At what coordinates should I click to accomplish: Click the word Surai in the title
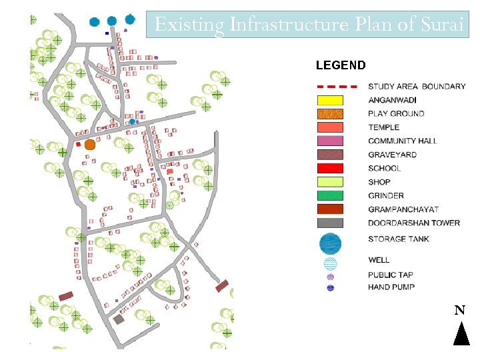[x=442, y=25]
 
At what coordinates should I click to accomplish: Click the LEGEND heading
[x=340, y=65]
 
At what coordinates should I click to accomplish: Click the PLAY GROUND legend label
[x=396, y=113]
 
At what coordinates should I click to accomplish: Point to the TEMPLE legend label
[x=383, y=127]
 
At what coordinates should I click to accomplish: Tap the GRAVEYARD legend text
[x=392, y=155]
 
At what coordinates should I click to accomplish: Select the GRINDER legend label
[x=386, y=195]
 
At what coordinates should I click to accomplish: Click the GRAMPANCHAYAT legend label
[x=404, y=209]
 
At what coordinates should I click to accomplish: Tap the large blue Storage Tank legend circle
[x=330, y=243]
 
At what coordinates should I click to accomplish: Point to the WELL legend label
[x=379, y=259]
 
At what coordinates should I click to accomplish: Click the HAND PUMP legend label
[x=391, y=287]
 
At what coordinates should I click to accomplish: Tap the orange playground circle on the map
[x=90, y=144]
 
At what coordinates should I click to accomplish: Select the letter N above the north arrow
[x=459, y=311]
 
